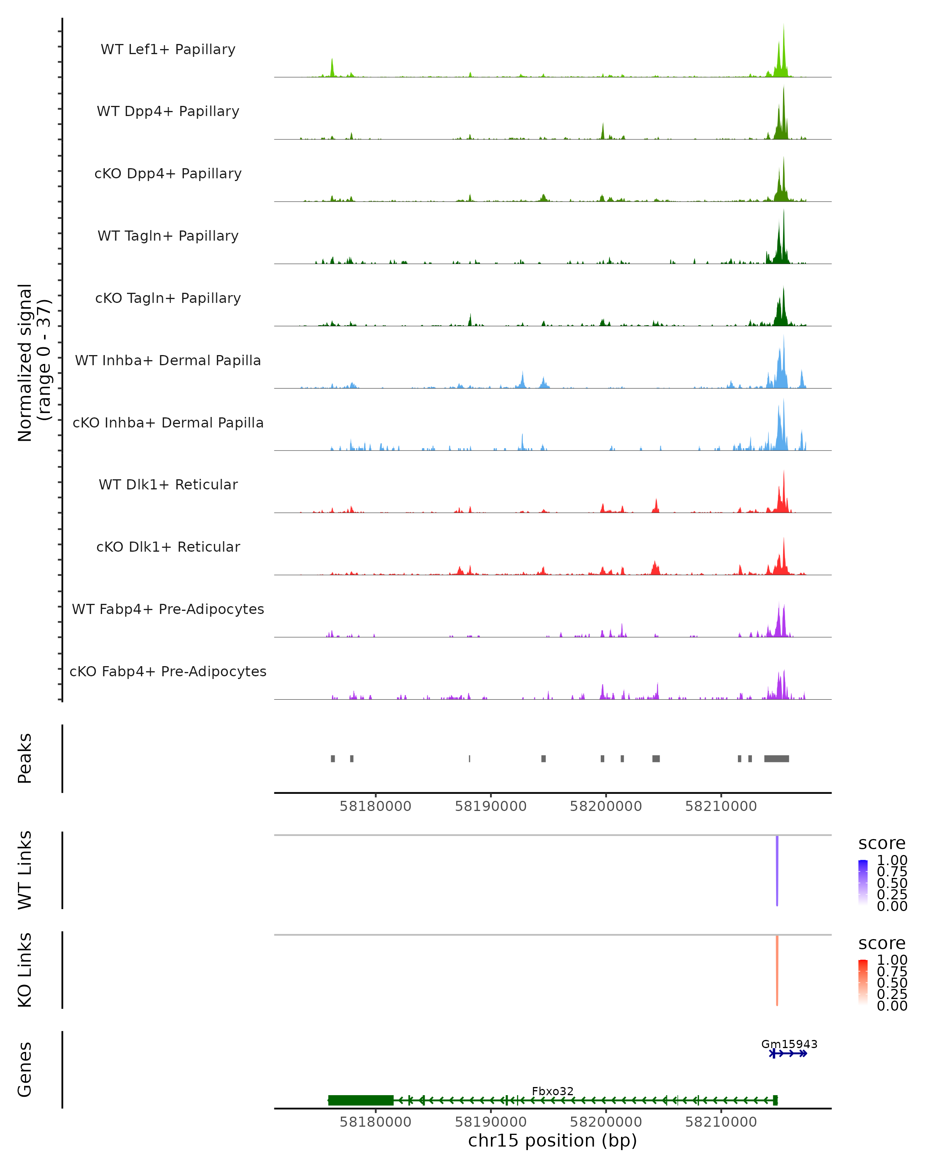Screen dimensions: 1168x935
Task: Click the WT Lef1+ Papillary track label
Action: tap(168, 49)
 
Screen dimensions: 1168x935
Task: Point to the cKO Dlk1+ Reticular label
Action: tap(168, 547)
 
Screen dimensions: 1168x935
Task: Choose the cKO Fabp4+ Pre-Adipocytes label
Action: tap(168, 671)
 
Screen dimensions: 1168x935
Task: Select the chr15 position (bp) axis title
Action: tap(552, 1140)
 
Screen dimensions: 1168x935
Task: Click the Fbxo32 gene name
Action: tap(552, 1091)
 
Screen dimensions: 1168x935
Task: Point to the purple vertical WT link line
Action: tap(777, 871)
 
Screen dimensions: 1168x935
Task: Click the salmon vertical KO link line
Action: tap(777, 970)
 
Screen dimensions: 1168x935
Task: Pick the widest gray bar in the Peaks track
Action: tap(776, 758)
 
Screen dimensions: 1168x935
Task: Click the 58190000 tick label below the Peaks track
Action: tap(490, 806)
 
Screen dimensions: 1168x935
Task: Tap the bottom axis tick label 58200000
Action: tap(605, 1122)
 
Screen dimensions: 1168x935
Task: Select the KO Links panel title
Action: tap(25, 970)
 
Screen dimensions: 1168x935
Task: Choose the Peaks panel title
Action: tap(25, 758)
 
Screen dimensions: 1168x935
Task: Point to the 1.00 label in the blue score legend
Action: tap(892, 860)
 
